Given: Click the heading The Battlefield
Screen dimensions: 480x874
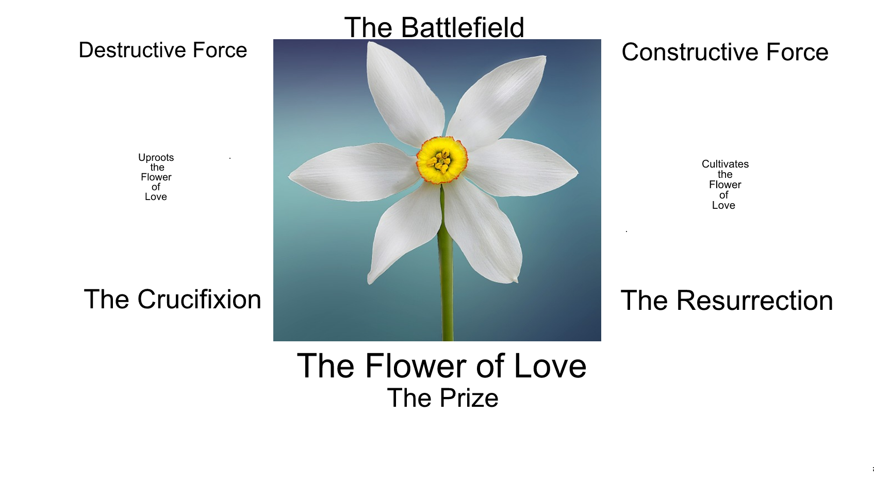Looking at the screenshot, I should coord(434,27).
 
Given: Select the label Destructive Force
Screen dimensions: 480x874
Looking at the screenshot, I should coord(163,51).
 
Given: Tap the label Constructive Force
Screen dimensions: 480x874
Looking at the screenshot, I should coord(725,52).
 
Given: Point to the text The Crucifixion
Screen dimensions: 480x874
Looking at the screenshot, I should coord(172,300).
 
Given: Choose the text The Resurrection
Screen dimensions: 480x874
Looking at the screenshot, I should coord(727,301).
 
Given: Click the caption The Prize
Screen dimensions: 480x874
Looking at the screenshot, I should coord(442,398).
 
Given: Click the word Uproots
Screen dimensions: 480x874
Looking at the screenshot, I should coord(156,158).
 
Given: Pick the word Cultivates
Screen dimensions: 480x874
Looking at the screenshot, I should coord(725,164).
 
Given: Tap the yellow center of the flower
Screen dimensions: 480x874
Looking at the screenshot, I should coord(441,160).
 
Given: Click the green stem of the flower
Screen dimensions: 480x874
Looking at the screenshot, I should coord(447,289).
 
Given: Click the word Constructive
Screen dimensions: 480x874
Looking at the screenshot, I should coord(689,52).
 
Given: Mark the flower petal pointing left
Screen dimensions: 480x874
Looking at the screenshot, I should coord(351,170).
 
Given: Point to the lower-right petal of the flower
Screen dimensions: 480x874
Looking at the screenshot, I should coord(485,232).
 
